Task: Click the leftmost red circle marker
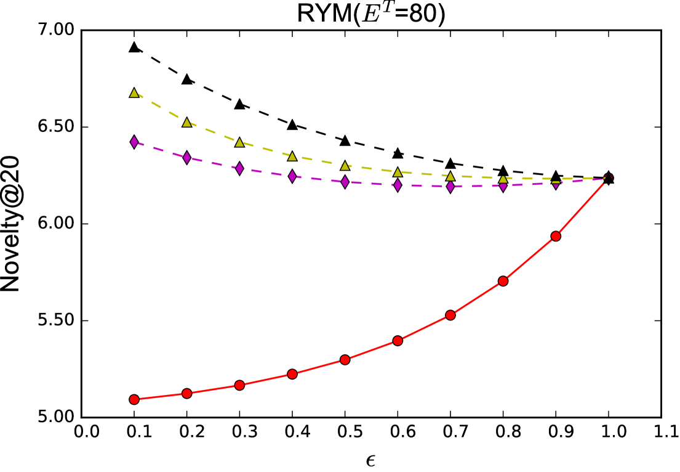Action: pos(134,399)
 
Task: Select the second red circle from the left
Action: pos(187,393)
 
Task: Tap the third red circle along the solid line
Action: pos(239,385)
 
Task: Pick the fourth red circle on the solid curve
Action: pos(292,374)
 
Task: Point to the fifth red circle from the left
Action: pos(345,359)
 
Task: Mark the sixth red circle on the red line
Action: pos(398,341)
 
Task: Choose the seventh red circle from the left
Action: pos(450,315)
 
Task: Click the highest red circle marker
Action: pos(556,236)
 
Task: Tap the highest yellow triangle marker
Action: pos(134,93)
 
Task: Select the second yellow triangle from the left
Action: pos(187,123)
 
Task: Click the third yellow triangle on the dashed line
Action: pos(239,142)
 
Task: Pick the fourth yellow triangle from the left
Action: pos(292,157)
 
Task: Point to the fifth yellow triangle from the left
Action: pos(345,166)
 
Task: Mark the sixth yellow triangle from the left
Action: pos(398,173)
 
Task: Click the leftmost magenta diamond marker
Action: pos(134,142)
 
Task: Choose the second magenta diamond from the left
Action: pos(187,158)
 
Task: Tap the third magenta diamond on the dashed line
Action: pos(239,168)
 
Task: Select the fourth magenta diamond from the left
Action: pos(292,176)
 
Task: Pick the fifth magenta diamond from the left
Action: pos(345,182)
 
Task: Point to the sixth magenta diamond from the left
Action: pos(398,185)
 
